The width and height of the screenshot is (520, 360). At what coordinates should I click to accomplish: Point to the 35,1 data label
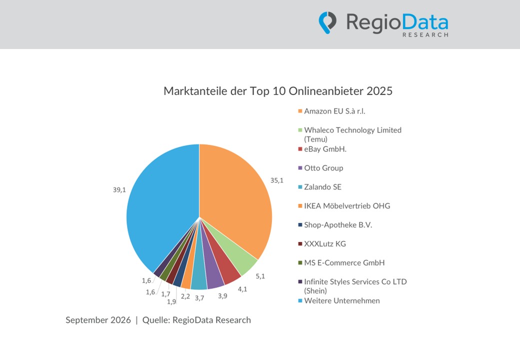[277, 180]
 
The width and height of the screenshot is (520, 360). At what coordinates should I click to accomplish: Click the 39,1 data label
[119, 190]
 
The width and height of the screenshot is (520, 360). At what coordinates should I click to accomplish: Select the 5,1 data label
[260, 276]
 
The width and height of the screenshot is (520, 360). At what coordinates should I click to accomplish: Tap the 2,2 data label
[185, 296]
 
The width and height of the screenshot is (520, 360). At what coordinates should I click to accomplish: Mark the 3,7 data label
[199, 298]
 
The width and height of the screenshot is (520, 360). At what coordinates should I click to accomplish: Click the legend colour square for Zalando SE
[300, 187]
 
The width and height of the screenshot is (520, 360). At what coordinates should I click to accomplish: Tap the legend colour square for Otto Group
[300, 168]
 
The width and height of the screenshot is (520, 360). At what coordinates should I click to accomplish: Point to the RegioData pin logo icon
[327, 22]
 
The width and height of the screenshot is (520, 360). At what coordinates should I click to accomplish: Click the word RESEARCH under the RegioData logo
[425, 35]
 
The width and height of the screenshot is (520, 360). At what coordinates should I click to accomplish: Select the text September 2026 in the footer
[98, 320]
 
